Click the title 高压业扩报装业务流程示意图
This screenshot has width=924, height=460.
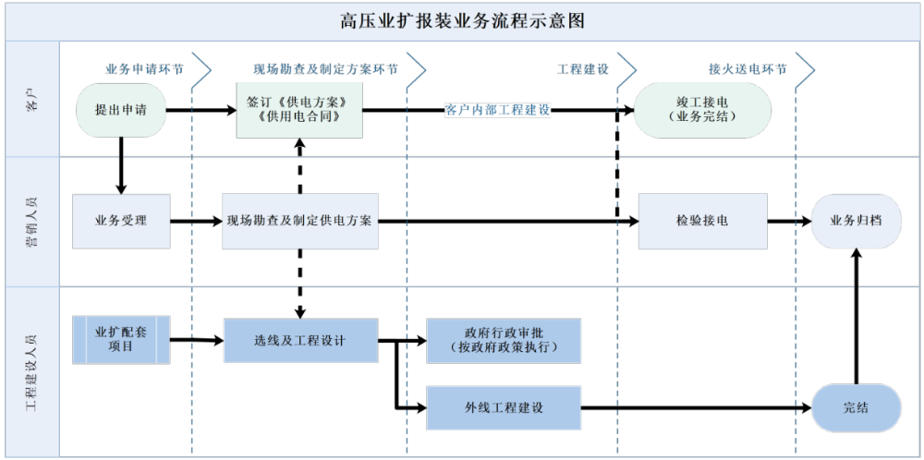[462, 20]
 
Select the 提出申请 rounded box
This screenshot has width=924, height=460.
[121, 111]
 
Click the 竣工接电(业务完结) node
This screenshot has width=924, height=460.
[702, 110]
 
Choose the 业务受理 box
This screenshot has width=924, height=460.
[121, 222]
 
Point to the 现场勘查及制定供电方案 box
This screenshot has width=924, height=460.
[299, 222]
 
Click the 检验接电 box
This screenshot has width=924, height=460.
[702, 222]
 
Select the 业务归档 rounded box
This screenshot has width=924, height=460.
[856, 222]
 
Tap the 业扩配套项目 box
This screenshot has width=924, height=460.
[121, 339]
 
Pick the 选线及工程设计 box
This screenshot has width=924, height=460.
[299, 340]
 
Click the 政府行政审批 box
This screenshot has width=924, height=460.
[504, 341]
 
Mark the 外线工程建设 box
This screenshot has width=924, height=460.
[504, 407]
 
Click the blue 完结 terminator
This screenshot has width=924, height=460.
[856, 407]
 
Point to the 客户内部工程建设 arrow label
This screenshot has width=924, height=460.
[497, 111]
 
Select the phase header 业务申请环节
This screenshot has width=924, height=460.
[144, 69]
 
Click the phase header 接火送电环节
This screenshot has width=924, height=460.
[748, 69]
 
